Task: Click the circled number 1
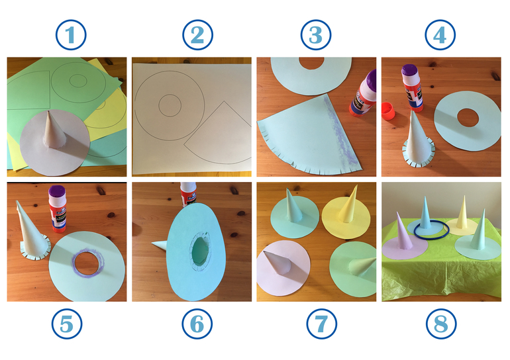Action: coord(71,35)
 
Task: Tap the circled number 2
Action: coord(198,35)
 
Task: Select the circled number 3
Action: coord(316,35)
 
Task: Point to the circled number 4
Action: coord(440,35)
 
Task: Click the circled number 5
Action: coord(67,324)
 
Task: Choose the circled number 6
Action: coord(197,324)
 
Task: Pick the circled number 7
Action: coord(322,324)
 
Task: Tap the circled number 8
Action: coord(441,324)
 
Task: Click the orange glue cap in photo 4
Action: coord(388,111)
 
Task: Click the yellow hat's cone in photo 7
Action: coord(348,204)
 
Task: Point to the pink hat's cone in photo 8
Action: coord(403,232)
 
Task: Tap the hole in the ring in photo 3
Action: coord(311,63)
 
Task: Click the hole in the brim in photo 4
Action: coord(468,118)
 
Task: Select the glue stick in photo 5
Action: coord(57,209)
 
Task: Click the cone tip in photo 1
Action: coord(48,112)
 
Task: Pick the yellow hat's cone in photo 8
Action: coord(462,213)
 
